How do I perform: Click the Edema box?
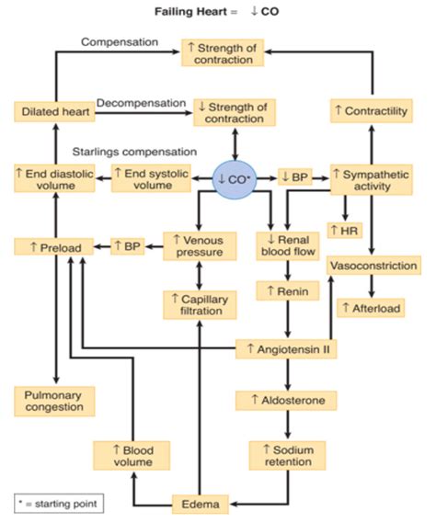198,503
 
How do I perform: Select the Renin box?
286,292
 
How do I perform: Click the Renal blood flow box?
286,245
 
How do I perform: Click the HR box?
344,229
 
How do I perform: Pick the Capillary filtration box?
198,303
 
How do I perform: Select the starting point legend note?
55,503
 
